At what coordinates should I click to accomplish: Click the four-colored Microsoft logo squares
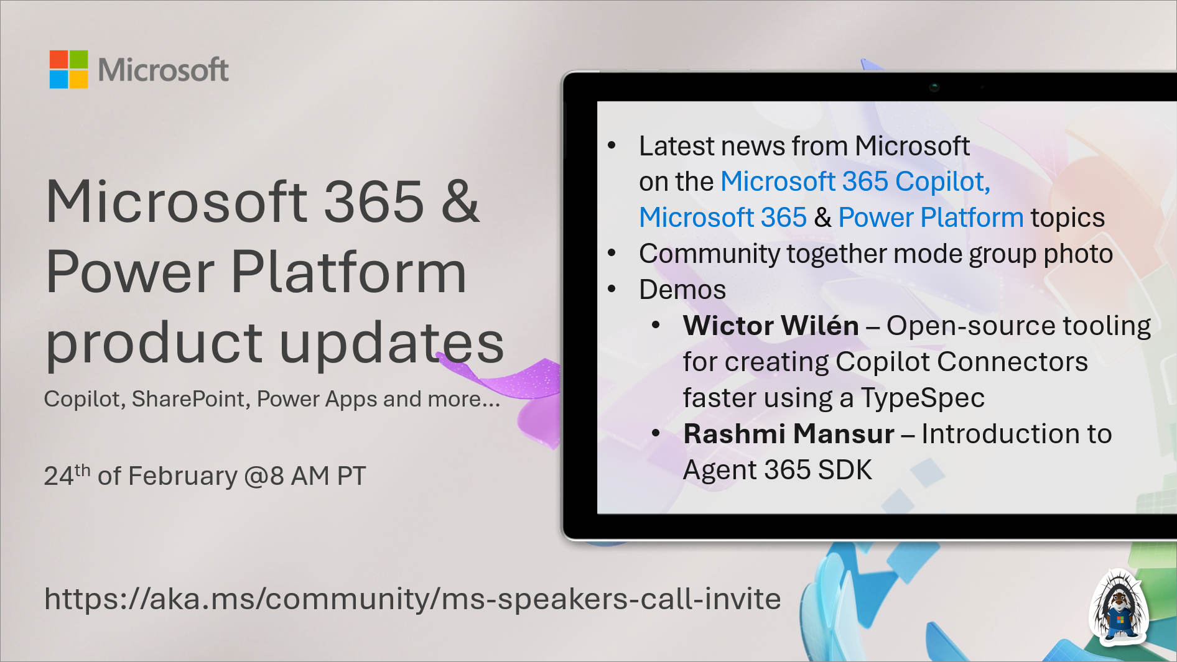point(68,69)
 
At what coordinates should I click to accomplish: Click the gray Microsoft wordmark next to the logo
point(163,70)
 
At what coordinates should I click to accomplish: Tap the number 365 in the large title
point(374,201)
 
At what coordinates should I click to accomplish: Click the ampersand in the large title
point(460,201)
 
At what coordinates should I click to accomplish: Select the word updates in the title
point(391,343)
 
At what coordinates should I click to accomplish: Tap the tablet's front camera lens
point(934,87)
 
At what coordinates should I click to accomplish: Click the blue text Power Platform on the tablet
point(930,218)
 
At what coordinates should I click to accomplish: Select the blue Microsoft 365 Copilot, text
point(855,182)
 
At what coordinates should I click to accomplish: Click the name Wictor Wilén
point(770,326)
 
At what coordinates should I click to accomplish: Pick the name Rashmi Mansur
point(788,434)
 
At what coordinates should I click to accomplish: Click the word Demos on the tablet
point(682,290)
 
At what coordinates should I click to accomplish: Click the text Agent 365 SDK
point(777,470)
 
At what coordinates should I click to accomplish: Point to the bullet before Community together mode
point(612,254)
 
